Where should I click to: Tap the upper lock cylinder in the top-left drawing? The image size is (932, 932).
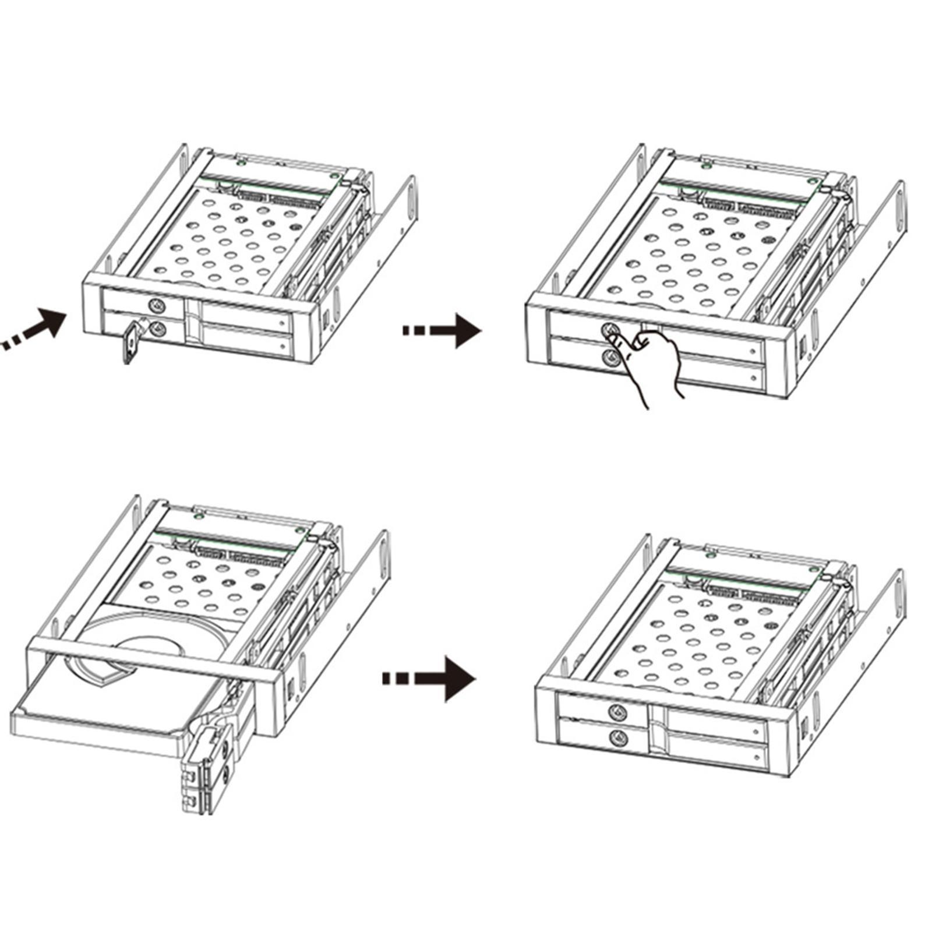coord(156,305)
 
